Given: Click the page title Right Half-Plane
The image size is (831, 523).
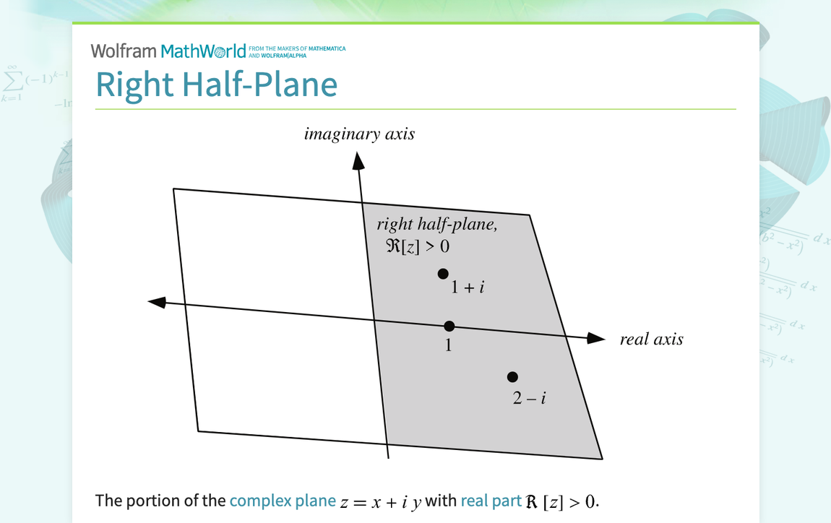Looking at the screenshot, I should point(216,85).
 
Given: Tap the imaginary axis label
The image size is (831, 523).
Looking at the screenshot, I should point(359,134).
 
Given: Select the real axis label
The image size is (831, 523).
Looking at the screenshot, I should point(651,340).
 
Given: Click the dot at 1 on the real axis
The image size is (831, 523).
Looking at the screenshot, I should point(449,326).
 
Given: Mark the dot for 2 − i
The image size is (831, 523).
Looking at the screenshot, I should point(512,376).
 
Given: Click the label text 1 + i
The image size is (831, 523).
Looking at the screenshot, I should point(468,288).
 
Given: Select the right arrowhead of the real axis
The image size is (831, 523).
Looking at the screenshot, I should point(595,338).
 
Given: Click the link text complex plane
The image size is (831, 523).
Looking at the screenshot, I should point(283,500).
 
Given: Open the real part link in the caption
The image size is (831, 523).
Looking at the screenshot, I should point(490,500).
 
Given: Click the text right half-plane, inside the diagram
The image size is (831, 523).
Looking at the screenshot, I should point(437,225).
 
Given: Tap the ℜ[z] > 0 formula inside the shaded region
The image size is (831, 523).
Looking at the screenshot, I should point(418,246).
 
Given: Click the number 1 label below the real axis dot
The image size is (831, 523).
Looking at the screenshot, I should point(448,345).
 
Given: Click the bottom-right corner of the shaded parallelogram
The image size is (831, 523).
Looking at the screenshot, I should point(602,458).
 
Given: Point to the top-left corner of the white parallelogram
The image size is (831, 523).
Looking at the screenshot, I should point(173,189).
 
